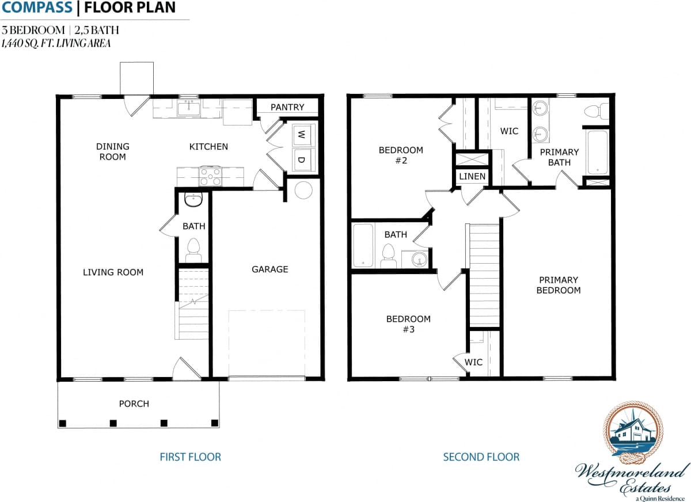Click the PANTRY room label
click(287, 107)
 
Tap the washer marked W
click(301, 135)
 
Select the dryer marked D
click(301, 159)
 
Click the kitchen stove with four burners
click(211, 176)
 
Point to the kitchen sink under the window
click(188, 108)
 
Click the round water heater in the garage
click(303, 191)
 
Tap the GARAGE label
click(269, 269)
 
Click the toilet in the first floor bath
click(193, 249)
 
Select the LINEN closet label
click(472, 176)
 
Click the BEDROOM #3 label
click(408, 324)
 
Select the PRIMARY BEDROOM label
click(558, 285)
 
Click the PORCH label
click(134, 404)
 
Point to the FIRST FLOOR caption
click(190, 457)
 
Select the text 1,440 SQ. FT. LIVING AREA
click(56, 43)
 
